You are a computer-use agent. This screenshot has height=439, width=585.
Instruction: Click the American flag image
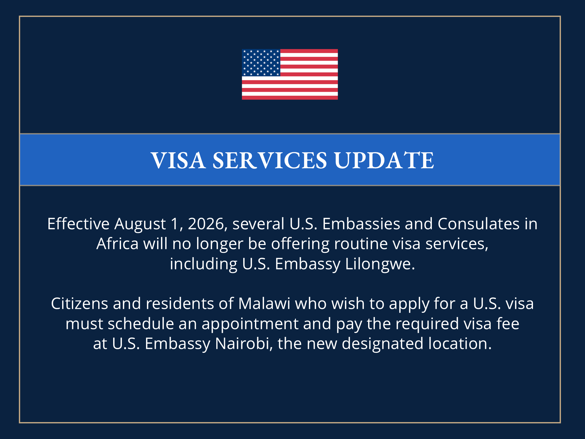pyautogui.click(x=290, y=74)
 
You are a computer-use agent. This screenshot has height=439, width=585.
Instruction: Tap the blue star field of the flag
pyautogui.click(x=261, y=62)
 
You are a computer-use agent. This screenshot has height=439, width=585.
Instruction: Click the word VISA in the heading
pyautogui.click(x=178, y=160)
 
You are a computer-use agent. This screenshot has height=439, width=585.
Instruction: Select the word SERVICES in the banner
pyautogui.click(x=270, y=160)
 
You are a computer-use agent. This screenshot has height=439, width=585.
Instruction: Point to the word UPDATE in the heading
pyautogui.click(x=384, y=160)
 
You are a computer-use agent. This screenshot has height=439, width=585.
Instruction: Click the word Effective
pyautogui.click(x=78, y=224)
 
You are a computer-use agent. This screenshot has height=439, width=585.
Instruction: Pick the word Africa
pyautogui.click(x=117, y=244)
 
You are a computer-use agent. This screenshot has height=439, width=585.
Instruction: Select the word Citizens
pyautogui.click(x=80, y=304)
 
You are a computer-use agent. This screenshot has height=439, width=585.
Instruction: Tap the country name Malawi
pyautogui.click(x=264, y=304)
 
